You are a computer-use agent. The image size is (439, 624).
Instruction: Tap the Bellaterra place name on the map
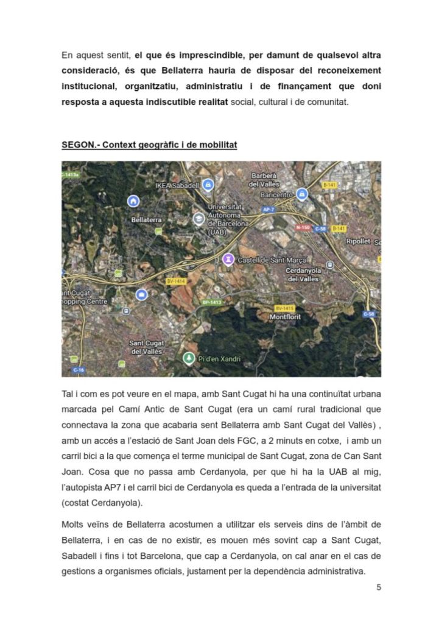146,219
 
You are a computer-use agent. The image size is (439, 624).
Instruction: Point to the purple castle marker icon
228,260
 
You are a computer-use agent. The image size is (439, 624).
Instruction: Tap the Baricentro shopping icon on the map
303,194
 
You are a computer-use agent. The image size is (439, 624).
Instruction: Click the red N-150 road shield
303,227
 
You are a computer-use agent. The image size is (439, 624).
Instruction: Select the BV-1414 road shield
175,281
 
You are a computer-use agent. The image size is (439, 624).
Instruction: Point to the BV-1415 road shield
284,308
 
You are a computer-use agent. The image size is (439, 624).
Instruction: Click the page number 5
379,587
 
